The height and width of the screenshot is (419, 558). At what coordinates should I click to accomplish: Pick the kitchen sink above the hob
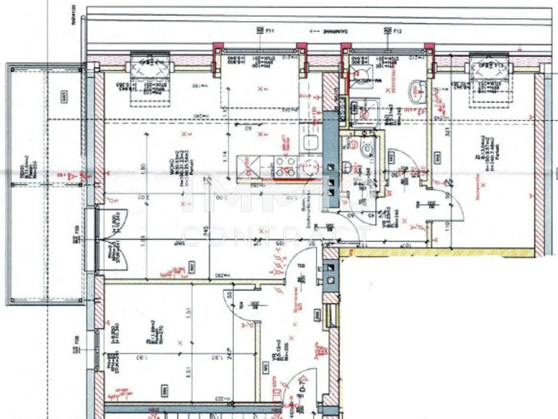point(311,142)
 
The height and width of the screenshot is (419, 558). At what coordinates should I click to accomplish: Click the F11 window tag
point(265,31)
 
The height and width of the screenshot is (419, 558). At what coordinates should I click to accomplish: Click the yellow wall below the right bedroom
point(436,252)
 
